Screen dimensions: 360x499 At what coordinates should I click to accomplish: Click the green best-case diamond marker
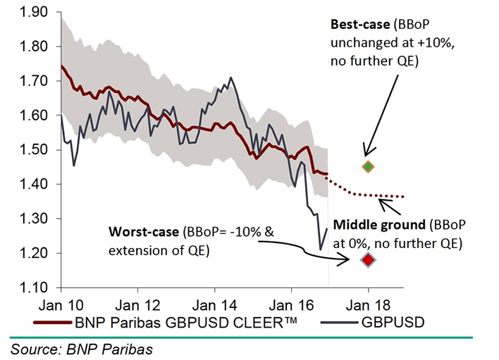[367, 167]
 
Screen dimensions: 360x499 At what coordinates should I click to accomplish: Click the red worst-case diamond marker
[367, 260]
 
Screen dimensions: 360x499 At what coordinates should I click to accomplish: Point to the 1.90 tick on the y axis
[32, 13]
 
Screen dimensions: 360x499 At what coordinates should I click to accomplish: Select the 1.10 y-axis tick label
[32, 287]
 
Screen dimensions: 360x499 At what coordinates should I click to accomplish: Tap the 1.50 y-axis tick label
[32, 150]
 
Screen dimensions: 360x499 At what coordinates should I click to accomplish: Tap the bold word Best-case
[359, 24]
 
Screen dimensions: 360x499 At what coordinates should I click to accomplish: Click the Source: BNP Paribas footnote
[77, 347]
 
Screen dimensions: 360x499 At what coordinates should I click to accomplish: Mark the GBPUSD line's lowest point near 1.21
[321, 249]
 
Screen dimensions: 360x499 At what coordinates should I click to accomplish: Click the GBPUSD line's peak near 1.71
[231, 78]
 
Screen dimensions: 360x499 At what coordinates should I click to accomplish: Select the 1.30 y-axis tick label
[32, 219]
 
